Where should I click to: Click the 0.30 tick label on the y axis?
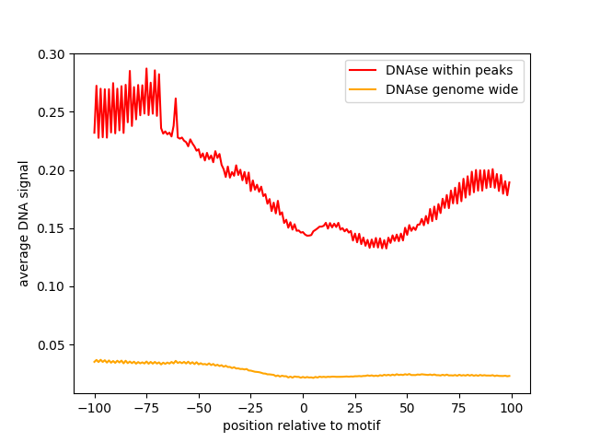pos(52,54)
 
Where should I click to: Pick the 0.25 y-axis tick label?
pos(52,112)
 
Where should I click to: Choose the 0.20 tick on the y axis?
pos(52,170)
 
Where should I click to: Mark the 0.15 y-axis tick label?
pos(52,228)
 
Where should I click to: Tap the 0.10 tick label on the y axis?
pos(52,286)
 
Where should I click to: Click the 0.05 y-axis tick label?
pos(52,344)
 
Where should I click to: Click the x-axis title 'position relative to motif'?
pos(302,425)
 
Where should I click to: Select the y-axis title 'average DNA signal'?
pos(24,223)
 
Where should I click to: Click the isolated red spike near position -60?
pos(175,99)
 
